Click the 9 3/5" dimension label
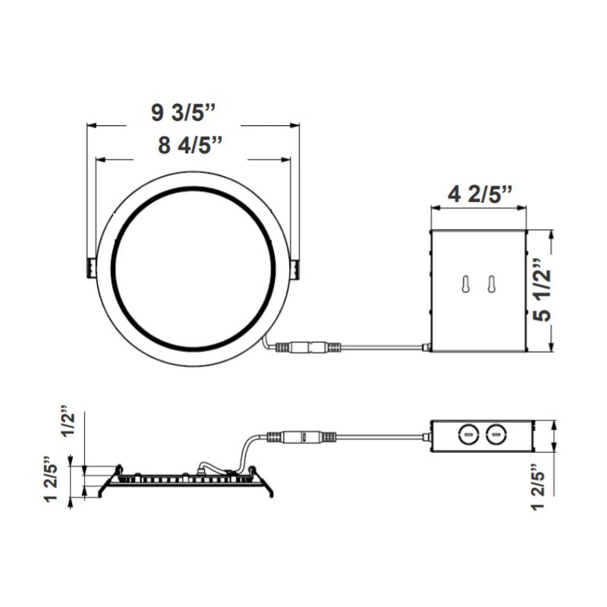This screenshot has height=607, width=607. [x=184, y=113]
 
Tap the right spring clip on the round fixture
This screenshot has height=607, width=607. [x=294, y=268]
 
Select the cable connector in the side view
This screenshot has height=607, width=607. [x=301, y=438]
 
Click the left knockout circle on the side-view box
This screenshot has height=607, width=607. [x=468, y=433]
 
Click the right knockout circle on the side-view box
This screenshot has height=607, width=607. [x=495, y=433]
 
